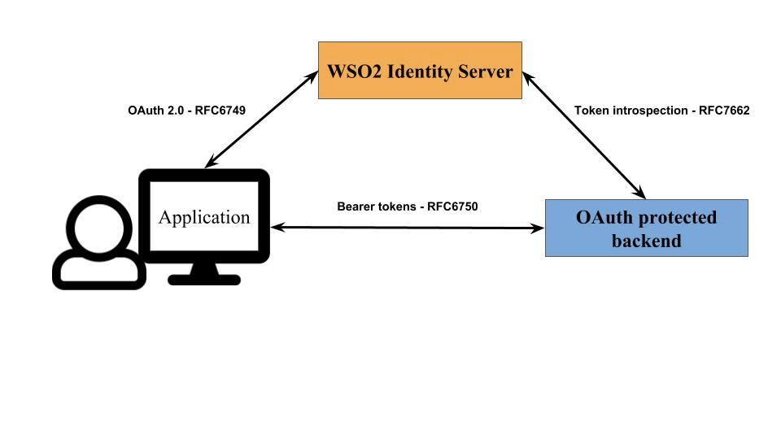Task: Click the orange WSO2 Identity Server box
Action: point(419,71)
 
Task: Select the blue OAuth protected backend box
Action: point(646,228)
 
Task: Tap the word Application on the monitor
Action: point(204,217)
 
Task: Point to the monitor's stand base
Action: point(204,280)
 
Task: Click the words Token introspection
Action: point(630,111)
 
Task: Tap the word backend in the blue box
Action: point(646,241)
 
